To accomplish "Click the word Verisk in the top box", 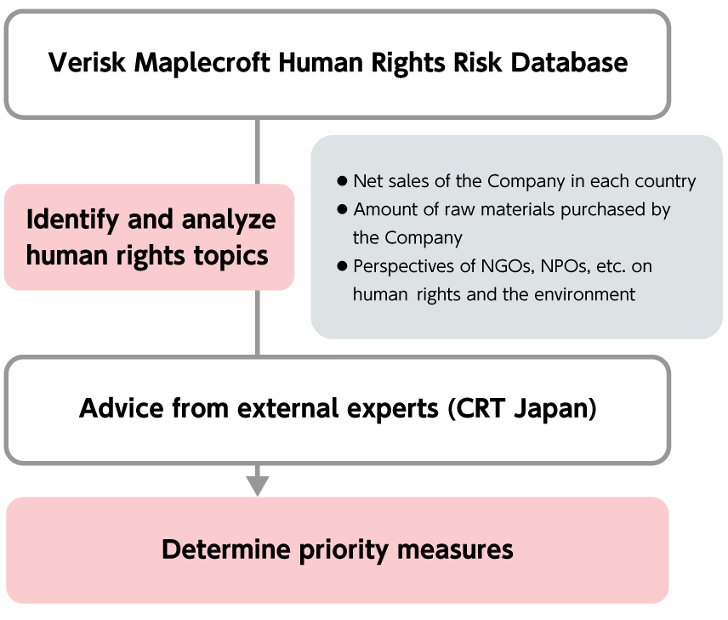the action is click(87, 62).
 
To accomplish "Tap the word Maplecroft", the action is click(202, 62).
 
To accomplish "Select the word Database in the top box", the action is click(569, 62).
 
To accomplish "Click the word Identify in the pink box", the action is click(72, 220).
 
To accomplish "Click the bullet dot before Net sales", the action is click(342, 181).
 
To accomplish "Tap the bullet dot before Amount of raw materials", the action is click(342, 209).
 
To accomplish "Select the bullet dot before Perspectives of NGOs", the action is click(342, 266).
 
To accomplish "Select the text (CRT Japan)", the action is click(522, 409).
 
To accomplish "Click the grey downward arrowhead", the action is click(258, 486).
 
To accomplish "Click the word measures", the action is click(455, 550).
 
